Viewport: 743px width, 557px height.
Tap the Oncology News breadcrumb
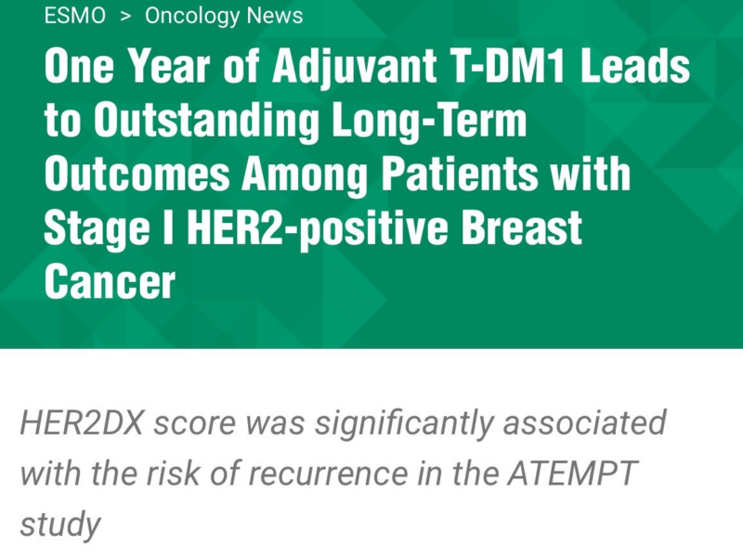tap(224, 16)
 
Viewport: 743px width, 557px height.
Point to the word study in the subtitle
tap(59, 524)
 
